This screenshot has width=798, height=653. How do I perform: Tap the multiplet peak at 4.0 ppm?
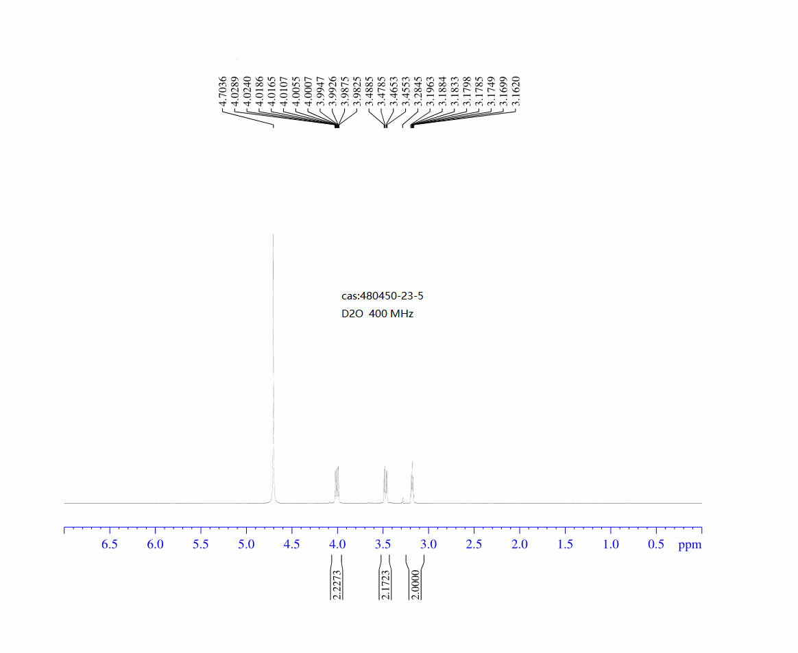[337, 484]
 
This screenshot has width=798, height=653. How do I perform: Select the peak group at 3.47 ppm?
[385, 484]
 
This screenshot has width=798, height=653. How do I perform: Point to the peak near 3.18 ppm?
[412, 482]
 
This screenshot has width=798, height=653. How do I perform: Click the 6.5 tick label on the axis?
[110, 544]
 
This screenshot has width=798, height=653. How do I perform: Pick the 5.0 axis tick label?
[246, 544]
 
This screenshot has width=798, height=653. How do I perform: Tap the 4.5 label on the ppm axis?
[291, 544]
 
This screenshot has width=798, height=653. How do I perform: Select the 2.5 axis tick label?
[474, 544]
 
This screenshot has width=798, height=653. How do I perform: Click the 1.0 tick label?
[611, 544]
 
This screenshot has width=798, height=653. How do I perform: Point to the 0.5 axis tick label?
[656, 544]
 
